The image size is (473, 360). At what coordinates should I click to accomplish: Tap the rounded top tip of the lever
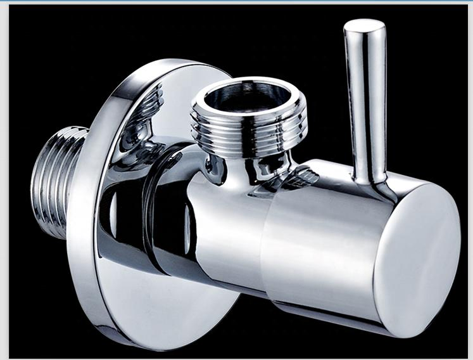tap(364, 27)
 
